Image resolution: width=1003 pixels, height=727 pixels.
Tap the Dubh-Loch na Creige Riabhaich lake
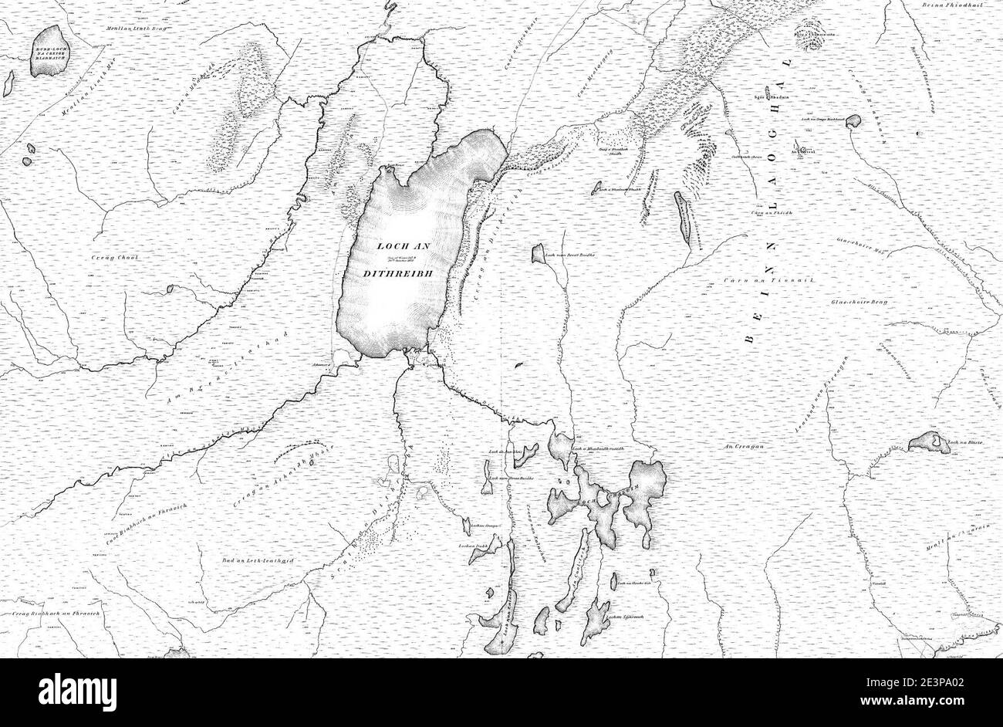click(48, 52)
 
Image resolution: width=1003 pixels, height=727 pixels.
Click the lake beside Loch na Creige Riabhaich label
click(853, 121)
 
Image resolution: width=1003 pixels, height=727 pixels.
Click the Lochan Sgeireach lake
click(595, 621)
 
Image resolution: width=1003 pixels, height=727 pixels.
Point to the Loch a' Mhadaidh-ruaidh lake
click(559, 447)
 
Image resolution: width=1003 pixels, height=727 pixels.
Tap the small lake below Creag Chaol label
click(170, 289)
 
